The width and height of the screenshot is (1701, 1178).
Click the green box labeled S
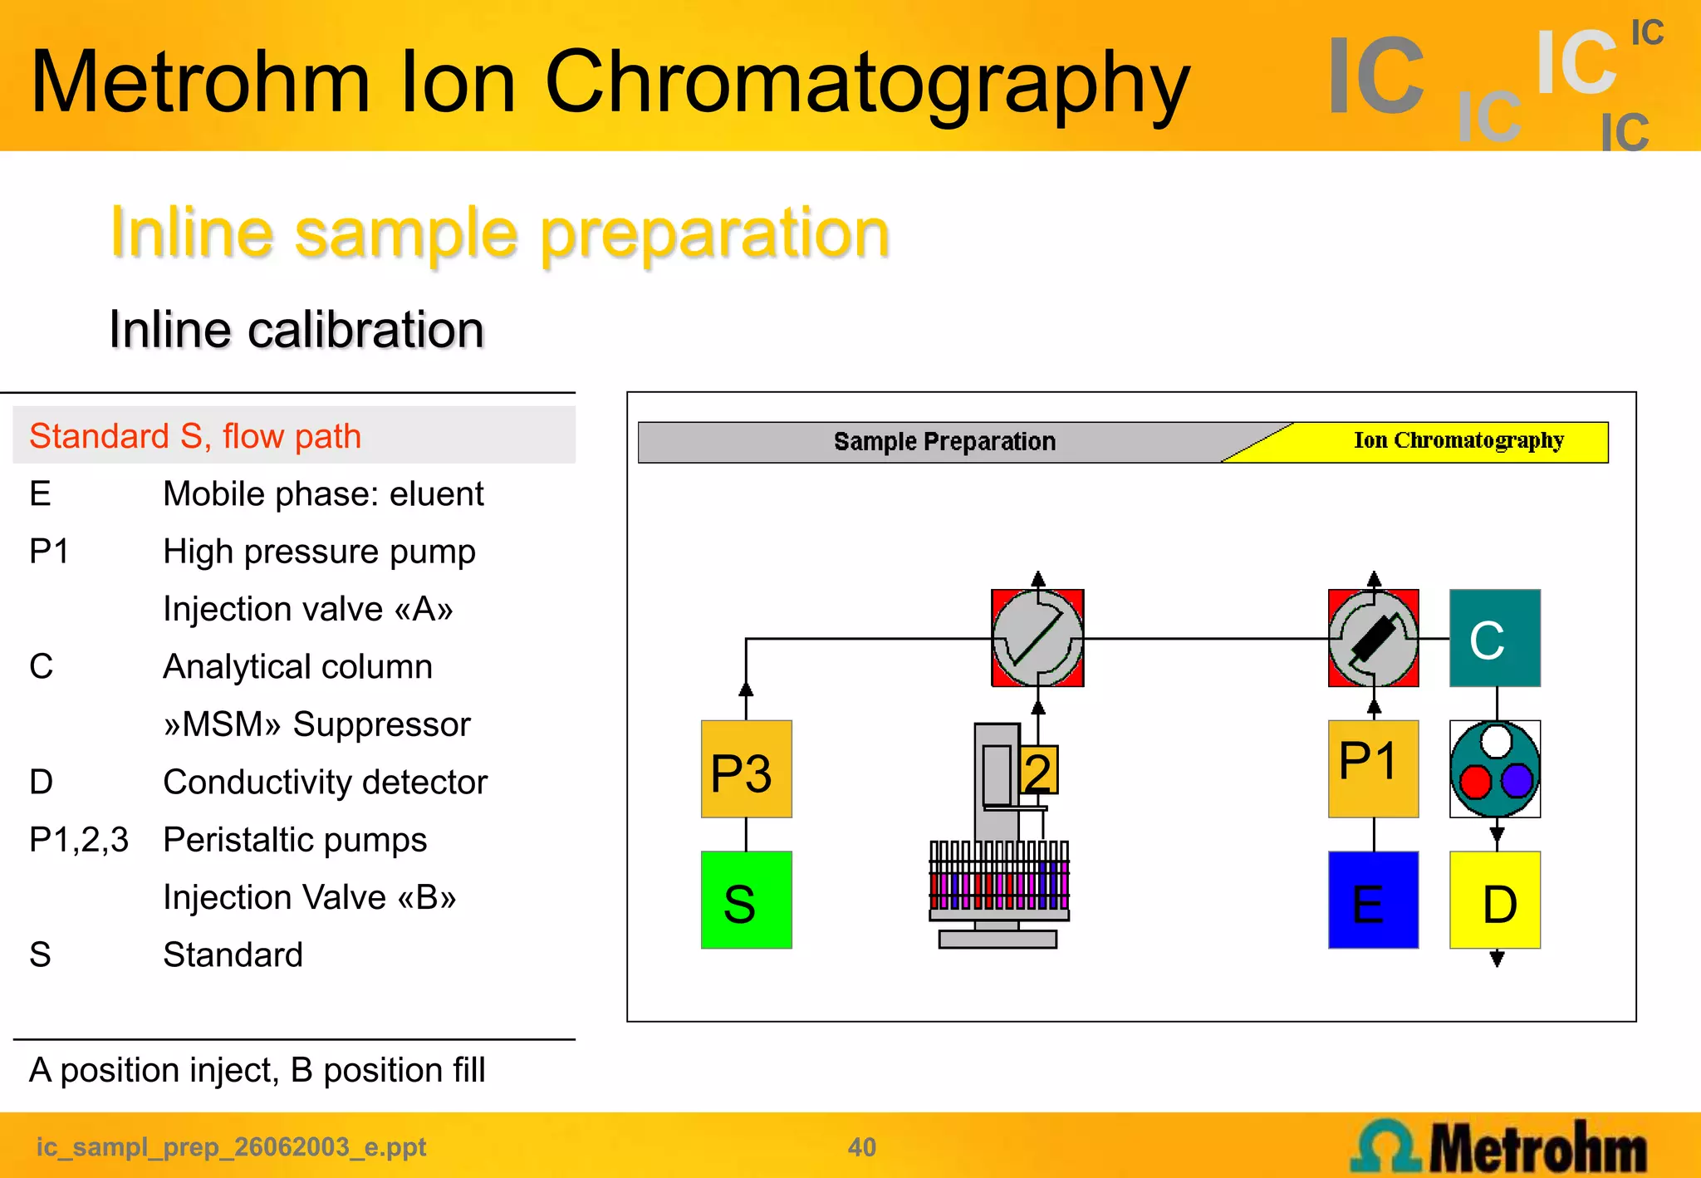(x=746, y=900)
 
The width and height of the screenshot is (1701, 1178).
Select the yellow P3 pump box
(x=746, y=769)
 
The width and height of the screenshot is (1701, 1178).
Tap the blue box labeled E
(x=1373, y=900)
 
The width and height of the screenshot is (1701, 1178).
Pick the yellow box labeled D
(x=1495, y=900)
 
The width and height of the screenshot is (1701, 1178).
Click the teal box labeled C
(x=1495, y=638)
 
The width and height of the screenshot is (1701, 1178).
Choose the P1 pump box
(x=1373, y=769)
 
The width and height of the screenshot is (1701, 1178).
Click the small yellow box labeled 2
(x=1038, y=771)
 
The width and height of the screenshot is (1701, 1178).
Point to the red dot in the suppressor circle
(x=1475, y=782)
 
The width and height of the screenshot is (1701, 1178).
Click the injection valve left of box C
(x=1373, y=638)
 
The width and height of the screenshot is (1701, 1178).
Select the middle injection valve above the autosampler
(x=1037, y=638)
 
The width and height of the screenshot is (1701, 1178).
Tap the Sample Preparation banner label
(x=944, y=441)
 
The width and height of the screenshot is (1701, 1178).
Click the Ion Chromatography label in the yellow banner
(x=1458, y=440)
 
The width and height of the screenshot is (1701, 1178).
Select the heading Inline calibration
(x=297, y=330)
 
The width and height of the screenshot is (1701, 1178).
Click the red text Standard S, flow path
(x=195, y=436)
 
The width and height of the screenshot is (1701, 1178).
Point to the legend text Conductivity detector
(x=325, y=782)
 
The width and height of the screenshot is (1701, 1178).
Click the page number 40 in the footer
(x=861, y=1147)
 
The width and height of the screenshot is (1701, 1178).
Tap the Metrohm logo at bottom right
(x=1499, y=1147)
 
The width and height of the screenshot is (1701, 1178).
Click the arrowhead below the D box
(x=1497, y=960)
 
